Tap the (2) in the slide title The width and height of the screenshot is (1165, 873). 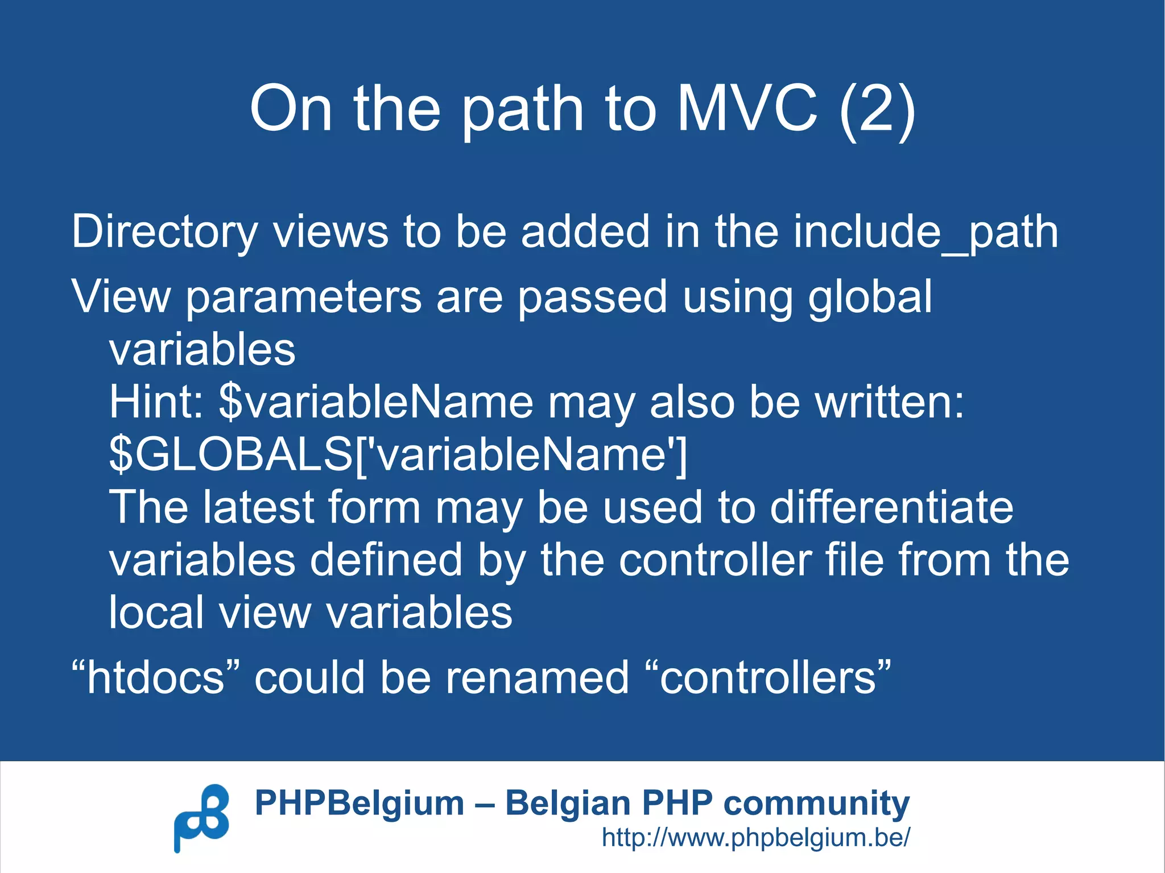(x=877, y=109)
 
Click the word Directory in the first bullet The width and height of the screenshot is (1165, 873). (x=164, y=232)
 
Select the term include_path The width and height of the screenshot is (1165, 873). (x=926, y=232)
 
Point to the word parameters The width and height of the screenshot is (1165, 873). (x=303, y=297)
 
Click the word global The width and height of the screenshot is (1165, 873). (x=870, y=297)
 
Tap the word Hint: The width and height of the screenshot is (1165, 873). (x=156, y=402)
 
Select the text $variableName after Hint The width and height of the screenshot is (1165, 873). (x=376, y=402)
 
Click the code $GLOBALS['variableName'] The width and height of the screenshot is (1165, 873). (x=398, y=454)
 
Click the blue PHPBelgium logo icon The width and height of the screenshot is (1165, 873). (x=201, y=817)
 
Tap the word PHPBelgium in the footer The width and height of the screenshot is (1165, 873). (x=360, y=803)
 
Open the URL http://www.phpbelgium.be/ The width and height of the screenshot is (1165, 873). (x=756, y=837)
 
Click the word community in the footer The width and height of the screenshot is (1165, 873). (x=816, y=804)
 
